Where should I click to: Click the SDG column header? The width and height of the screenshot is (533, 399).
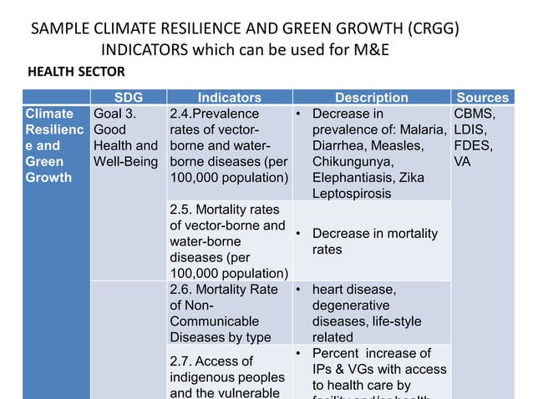click(x=128, y=98)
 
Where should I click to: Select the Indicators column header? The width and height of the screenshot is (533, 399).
click(x=229, y=98)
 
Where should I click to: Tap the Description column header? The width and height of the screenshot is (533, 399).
click(x=371, y=98)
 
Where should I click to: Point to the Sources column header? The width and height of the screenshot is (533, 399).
click(x=483, y=98)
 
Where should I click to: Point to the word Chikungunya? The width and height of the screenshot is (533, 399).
click(x=351, y=161)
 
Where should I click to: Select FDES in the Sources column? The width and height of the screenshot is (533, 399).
click(x=473, y=145)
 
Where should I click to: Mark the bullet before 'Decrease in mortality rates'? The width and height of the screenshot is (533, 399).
click(x=298, y=234)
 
